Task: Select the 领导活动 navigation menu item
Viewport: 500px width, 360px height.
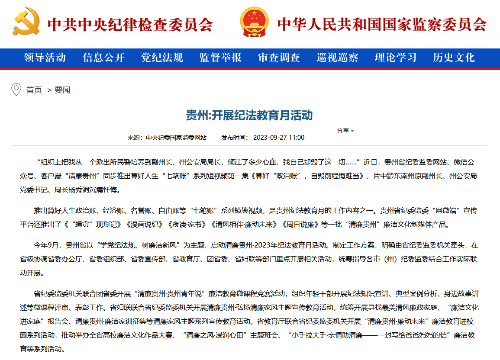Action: pos(45,58)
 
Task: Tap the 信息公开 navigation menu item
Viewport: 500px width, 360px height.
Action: pos(103,58)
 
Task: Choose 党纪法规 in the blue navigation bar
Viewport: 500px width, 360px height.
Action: pos(162,58)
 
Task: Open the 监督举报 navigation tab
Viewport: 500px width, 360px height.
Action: pos(220,58)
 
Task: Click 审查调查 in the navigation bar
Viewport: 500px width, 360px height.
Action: pos(279,58)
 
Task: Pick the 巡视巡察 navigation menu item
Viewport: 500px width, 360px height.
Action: pos(337,58)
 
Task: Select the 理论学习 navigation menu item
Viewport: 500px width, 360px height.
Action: pos(396,58)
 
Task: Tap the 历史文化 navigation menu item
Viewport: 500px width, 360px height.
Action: pos(454,58)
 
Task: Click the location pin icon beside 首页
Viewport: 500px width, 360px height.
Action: pos(16,90)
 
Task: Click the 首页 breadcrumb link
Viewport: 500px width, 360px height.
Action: pos(34,90)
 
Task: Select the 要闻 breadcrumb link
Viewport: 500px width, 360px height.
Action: pos(62,90)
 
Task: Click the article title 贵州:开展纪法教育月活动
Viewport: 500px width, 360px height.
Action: pos(249,116)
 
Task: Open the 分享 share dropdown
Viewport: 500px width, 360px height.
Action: pos(345,131)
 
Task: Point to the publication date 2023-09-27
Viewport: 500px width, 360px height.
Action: pos(269,138)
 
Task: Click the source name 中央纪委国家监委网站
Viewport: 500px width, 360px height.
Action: pos(176,138)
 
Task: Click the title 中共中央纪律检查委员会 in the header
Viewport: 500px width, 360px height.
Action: pos(130,24)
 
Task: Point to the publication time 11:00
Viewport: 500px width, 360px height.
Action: pos(297,138)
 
